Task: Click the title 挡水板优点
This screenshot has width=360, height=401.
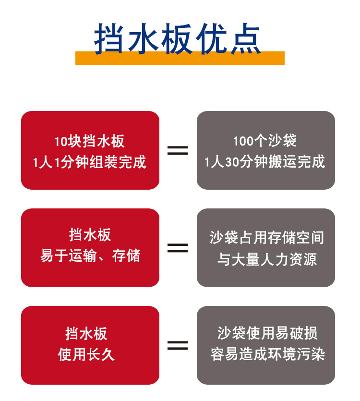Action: pos(178,38)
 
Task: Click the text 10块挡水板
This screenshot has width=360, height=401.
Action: pos(90,142)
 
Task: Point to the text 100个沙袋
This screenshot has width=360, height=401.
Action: pos(265,141)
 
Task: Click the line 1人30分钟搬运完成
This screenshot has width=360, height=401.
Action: pos(265,162)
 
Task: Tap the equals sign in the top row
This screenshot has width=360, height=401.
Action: pos(178,150)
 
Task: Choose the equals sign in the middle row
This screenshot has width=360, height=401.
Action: pos(178,248)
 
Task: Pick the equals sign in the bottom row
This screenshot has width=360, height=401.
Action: pos(178,345)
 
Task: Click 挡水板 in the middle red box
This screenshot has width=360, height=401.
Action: pos(90,235)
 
